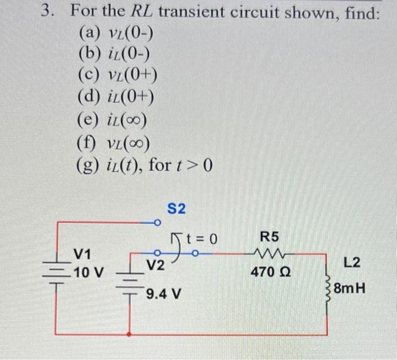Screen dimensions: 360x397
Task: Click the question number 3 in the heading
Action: pos(50,12)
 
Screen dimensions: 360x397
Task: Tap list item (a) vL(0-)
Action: pos(115,35)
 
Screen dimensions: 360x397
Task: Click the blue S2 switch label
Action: pos(176,208)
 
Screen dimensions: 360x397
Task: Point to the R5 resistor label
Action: pos(269,236)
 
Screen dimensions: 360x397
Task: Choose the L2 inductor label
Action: pos(352,262)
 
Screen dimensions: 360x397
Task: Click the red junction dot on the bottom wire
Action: pos(130,334)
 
